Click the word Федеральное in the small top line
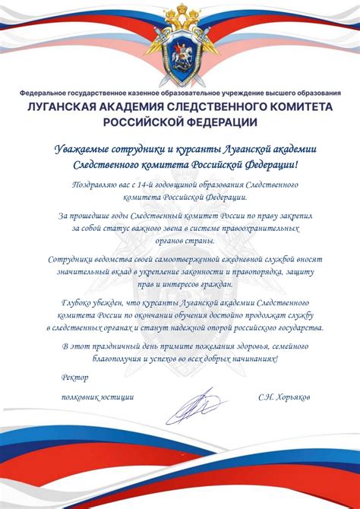[x=47, y=93]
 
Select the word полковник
[x=81, y=397]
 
